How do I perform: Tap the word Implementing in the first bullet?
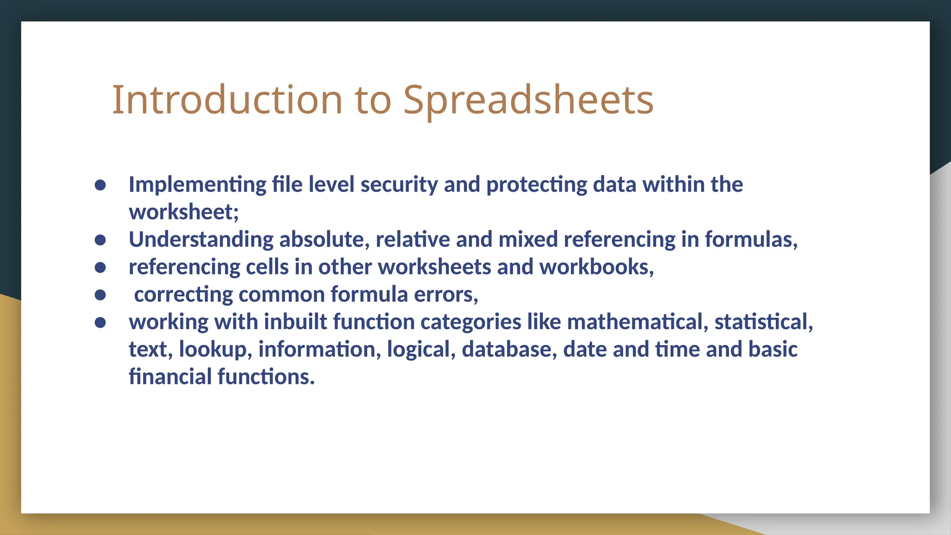click(x=197, y=185)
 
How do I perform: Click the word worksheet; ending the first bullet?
click(x=183, y=212)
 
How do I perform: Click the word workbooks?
click(x=596, y=267)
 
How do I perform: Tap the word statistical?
click(x=763, y=322)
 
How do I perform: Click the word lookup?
click(x=215, y=349)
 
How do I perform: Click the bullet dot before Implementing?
click(x=100, y=185)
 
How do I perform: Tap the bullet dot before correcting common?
click(x=100, y=295)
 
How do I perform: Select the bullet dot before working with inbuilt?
click(x=100, y=322)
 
